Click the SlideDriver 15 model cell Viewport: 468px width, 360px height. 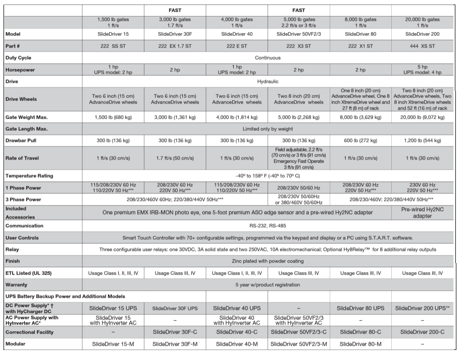pos(113,34)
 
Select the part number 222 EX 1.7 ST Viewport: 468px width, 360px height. pos(175,46)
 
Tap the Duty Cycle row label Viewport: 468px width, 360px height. pos(18,58)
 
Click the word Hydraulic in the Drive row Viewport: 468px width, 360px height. pos(268,81)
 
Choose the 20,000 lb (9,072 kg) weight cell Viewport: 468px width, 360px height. pos(422,117)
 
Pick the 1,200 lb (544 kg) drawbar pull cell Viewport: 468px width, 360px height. pos(422,141)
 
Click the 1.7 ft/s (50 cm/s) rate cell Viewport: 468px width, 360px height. pos(175,158)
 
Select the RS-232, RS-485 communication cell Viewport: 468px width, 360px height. pos(268,226)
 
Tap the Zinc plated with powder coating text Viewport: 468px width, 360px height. pos(268,261)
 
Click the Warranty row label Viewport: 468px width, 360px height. pos(17,285)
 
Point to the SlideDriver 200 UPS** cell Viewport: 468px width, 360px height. pos(422,308)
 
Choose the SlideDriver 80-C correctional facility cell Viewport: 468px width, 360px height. pos(360,332)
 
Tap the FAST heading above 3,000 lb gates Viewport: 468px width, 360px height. pos(175,10)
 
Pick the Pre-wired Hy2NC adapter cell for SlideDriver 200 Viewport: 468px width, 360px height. pos(422,212)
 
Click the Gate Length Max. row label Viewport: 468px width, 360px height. pos(26,129)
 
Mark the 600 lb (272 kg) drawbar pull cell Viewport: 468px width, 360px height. pos(360,141)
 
